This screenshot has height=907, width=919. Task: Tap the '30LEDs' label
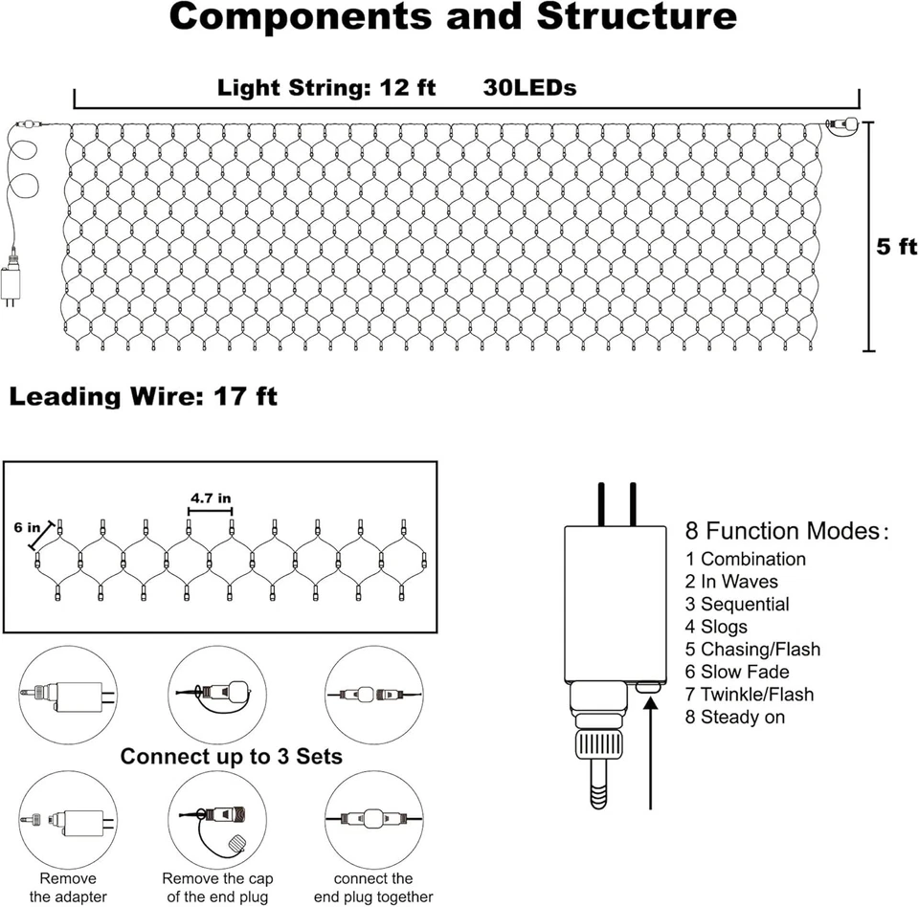coord(530,88)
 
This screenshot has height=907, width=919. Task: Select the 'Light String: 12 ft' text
coord(326,88)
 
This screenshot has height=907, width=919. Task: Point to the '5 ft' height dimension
coord(897,246)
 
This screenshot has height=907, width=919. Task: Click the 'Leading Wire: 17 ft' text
coord(144,396)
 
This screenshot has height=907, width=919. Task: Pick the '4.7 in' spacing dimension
coord(210,498)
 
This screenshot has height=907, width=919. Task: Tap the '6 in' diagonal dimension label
coord(27,527)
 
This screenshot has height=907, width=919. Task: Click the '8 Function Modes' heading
coord(786,531)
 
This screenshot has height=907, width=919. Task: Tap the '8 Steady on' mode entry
coord(735,717)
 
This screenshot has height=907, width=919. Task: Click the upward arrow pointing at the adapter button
coord(650,756)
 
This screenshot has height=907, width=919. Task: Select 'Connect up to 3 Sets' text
coord(231,757)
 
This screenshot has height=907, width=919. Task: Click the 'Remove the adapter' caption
coord(67,887)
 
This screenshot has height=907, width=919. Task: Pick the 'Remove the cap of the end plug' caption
coord(217,887)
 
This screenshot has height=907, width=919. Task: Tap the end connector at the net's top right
coord(841,124)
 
